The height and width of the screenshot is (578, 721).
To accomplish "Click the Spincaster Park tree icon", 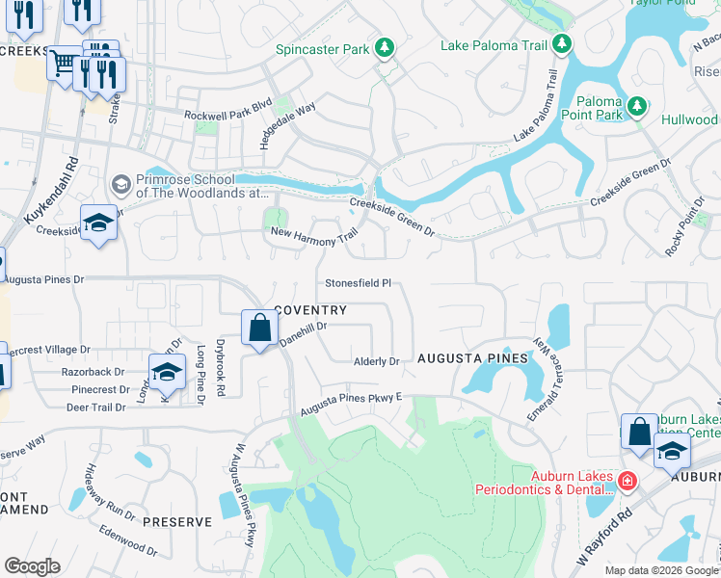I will [x=385, y=47].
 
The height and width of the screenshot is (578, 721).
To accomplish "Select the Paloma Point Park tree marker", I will [x=635, y=105].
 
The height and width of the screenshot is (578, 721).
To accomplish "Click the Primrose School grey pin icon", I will [x=121, y=183].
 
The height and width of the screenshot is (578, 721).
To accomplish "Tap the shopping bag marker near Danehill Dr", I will [x=259, y=328].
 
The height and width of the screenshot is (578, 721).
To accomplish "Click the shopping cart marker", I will [x=64, y=64].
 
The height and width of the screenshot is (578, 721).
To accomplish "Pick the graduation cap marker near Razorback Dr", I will [x=167, y=371].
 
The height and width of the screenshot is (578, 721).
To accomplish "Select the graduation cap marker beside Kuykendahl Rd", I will [x=98, y=222].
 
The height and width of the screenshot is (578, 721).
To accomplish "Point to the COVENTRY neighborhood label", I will [x=310, y=310].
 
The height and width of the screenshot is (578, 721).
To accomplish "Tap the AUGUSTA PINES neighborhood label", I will [x=472, y=358].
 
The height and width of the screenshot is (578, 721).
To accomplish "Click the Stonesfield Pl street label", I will [x=358, y=284].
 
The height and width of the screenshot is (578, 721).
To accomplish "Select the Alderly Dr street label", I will [x=376, y=361].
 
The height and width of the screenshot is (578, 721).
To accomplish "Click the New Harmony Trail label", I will [x=314, y=233].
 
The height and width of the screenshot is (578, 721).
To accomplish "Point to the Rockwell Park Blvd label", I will [x=228, y=113].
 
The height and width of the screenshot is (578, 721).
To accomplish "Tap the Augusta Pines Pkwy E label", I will [x=351, y=400].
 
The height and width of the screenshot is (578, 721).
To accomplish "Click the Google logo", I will [x=32, y=566].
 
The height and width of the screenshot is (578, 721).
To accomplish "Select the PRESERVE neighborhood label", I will [x=176, y=522].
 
